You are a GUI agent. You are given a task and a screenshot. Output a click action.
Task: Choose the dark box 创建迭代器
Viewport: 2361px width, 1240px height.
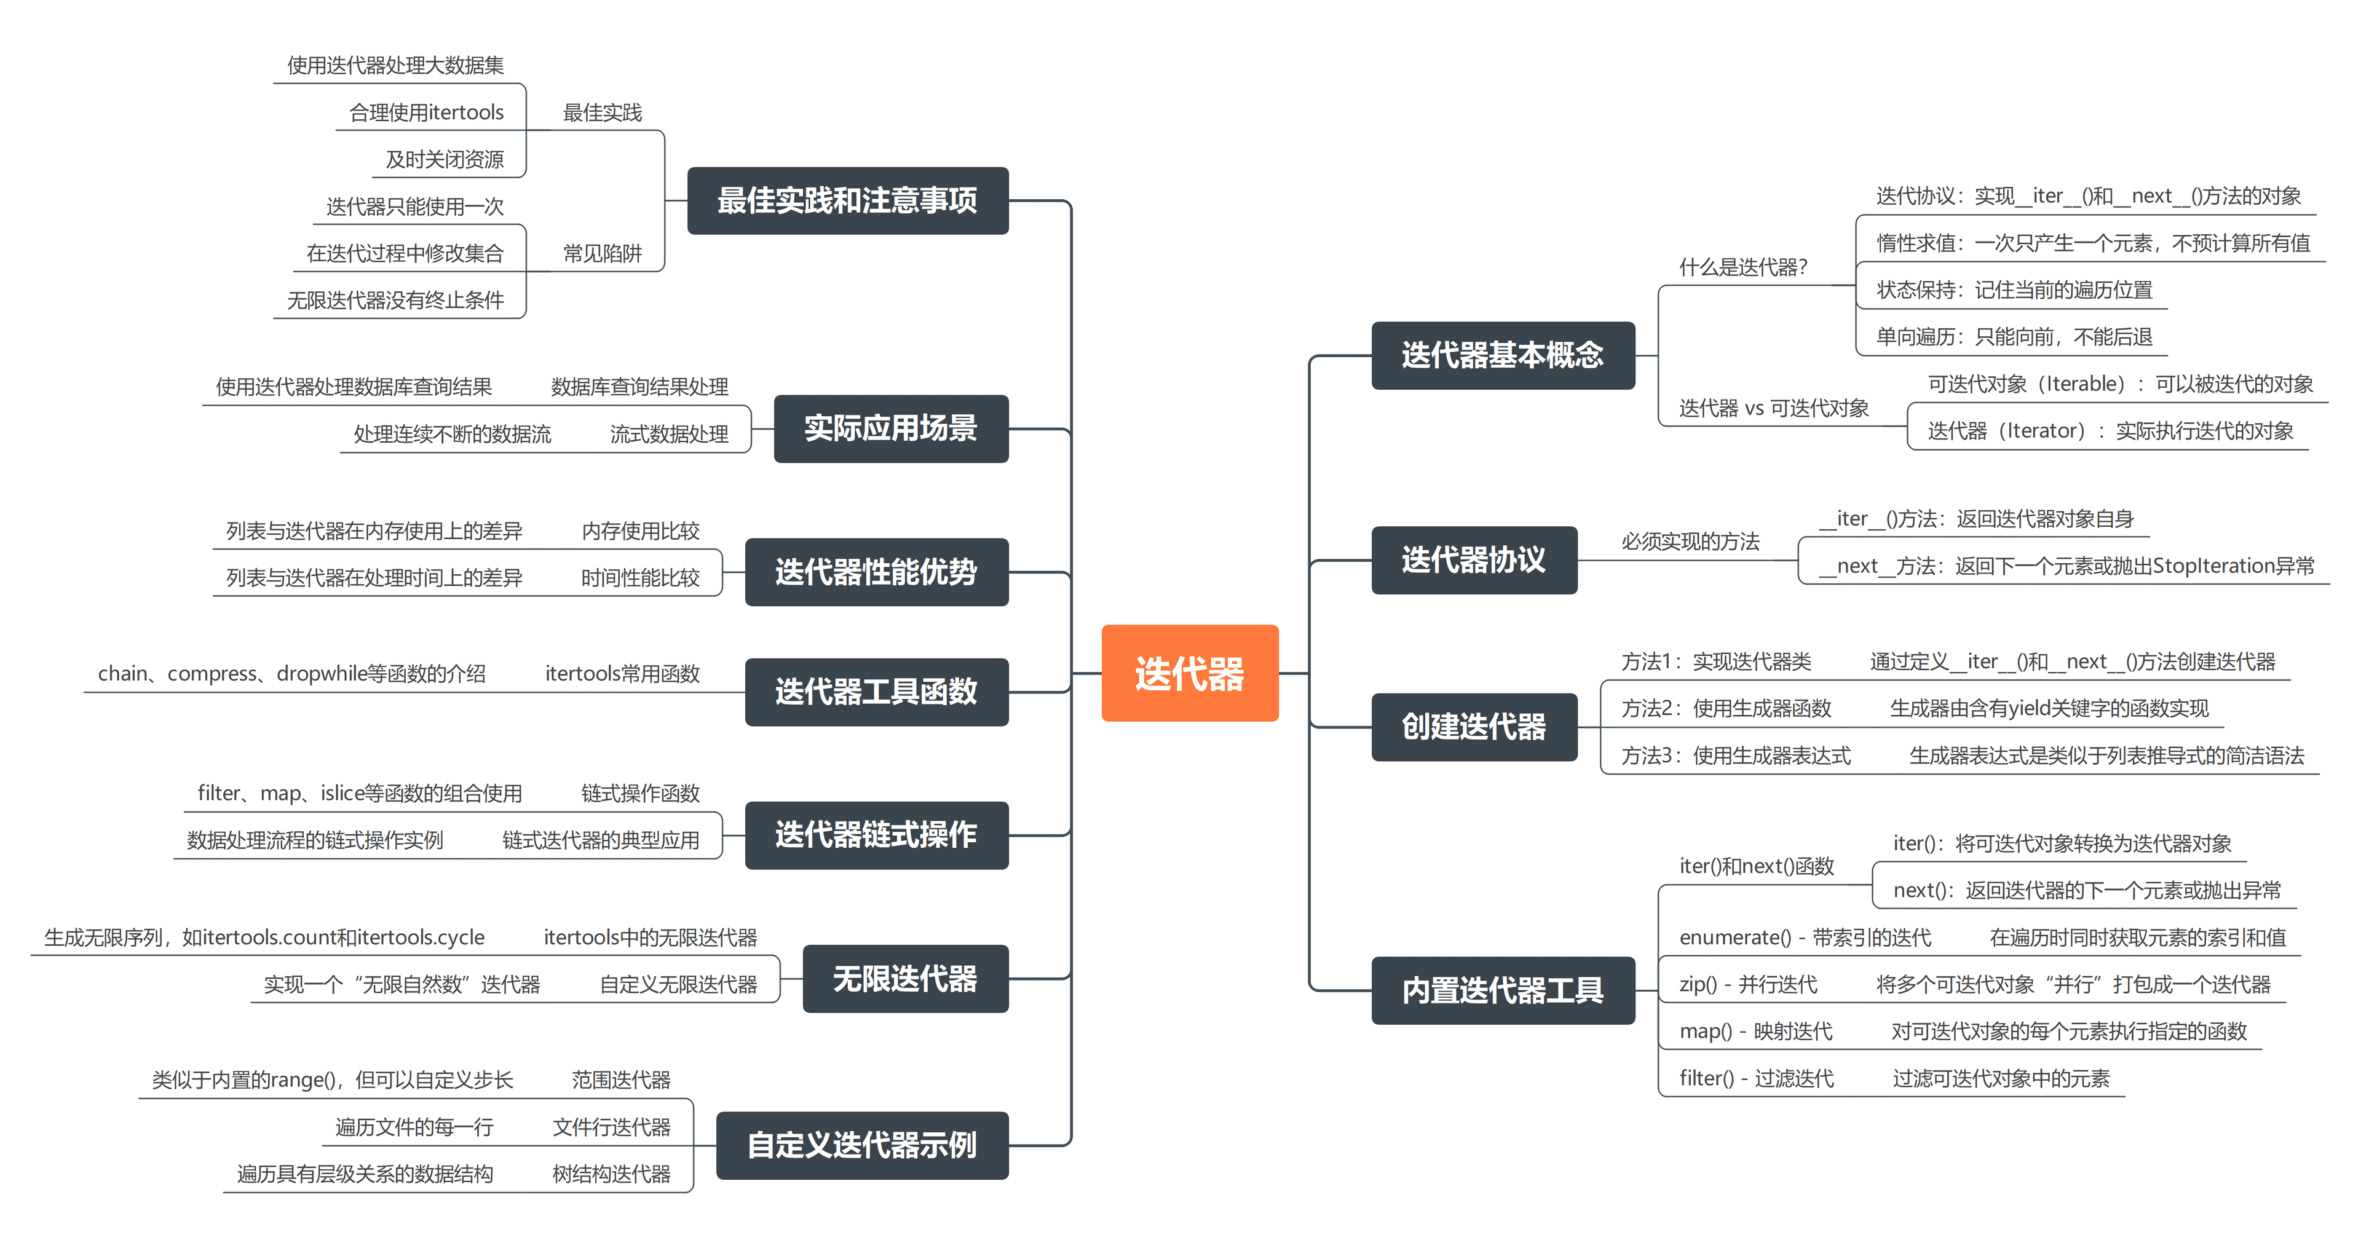click(x=1473, y=727)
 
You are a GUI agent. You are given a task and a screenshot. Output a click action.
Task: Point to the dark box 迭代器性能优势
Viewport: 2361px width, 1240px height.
click(x=876, y=572)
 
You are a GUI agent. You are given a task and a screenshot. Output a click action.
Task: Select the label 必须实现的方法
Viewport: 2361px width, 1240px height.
click(x=1690, y=542)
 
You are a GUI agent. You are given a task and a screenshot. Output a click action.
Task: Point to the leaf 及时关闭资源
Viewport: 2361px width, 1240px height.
click(x=445, y=159)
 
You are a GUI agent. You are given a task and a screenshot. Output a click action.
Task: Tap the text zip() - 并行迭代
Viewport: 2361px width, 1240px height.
click(x=1747, y=984)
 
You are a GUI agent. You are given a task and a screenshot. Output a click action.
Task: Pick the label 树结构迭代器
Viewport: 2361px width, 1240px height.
click(x=611, y=1174)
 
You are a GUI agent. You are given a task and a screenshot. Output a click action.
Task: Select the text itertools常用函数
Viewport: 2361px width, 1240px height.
click(x=622, y=674)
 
